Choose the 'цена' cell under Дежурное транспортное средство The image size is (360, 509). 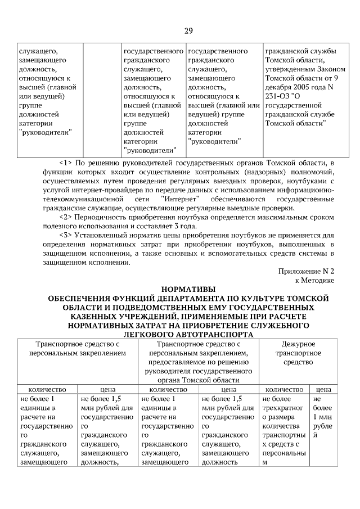[323, 389]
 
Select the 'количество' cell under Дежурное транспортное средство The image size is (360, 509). [284, 389]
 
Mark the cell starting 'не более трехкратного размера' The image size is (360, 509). [284, 431]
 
